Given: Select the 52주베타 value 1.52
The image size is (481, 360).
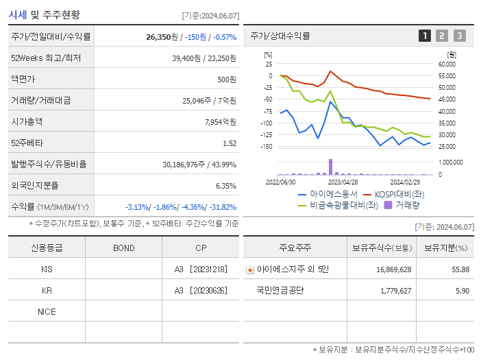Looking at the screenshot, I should pyautogui.click(x=229, y=143).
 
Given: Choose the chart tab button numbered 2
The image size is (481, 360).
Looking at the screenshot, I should pyautogui.click(x=442, y=36).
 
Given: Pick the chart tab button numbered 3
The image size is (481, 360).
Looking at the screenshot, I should pyautogui.click(x=459, y=36).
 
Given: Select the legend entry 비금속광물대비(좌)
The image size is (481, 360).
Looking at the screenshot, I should pyautogui.click(x=343, y=204).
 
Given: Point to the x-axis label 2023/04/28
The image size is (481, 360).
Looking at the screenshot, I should pyautogui.click(x=343, y=182).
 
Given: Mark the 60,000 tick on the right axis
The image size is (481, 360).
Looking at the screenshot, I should pyautogui.click(x=446, y=64).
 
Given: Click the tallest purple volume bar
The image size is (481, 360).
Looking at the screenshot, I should pyautogui.click(x=330, y=167).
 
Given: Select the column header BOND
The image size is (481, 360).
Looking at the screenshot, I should pyautogui.click(x=123, y=248).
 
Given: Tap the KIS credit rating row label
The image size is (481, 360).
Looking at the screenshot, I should pyautogui.click(x=47, y=269).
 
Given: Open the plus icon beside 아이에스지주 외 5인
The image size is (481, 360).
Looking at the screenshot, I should pyautogui.click(x=250, y=270).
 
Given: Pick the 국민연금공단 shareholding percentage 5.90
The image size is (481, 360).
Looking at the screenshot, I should pyautogui.click(x=463, y=291).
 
